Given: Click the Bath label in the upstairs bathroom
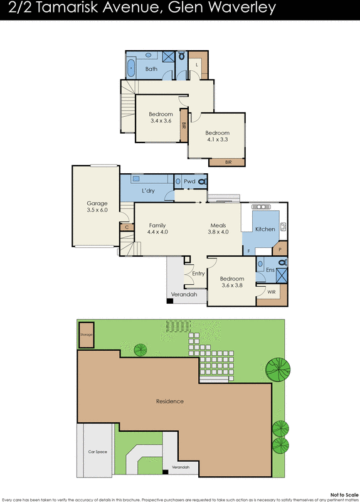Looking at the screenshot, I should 151,69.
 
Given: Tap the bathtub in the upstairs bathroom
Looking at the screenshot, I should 131,68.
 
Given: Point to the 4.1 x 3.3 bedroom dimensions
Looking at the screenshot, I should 217,140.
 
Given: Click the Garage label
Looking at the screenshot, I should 97,203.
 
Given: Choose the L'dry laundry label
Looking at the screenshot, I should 148,190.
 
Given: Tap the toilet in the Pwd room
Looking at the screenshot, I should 202,181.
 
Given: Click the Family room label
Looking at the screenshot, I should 157,225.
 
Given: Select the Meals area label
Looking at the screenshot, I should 218,225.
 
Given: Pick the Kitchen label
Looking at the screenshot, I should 265,229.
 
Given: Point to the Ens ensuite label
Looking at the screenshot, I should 270,270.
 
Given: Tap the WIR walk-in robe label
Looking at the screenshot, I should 272,292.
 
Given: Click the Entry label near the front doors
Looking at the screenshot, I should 198,273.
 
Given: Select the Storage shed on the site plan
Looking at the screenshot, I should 86,334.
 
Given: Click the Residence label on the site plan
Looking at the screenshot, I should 170,401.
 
